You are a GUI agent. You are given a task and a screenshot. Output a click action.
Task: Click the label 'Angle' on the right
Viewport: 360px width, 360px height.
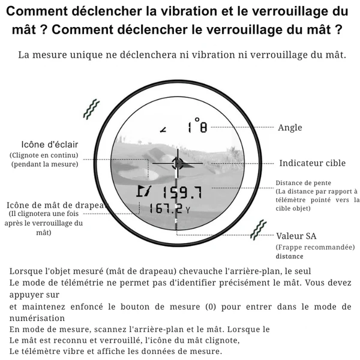290,128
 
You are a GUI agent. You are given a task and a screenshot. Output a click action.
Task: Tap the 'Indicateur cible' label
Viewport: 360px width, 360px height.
312,163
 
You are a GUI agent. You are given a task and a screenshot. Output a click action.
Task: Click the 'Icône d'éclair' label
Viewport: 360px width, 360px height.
50,145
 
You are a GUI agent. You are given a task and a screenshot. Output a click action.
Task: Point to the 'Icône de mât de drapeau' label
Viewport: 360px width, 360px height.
57,205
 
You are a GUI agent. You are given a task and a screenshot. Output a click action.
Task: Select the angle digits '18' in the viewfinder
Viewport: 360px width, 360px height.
196,127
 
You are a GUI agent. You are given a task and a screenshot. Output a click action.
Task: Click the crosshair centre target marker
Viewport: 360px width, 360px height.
178,163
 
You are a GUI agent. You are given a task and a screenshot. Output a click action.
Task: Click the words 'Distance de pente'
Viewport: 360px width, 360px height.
304,183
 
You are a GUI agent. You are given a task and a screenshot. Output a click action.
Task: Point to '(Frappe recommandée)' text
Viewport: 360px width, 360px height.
315,247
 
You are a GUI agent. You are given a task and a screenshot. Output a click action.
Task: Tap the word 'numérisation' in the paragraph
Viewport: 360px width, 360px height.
37,318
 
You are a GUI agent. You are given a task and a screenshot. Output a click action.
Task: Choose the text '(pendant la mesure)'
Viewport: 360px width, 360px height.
45,164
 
